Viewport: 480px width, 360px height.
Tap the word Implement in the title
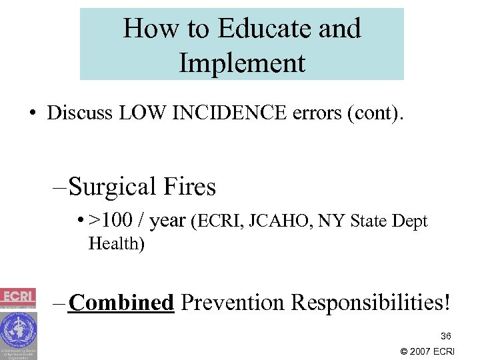point(242,63)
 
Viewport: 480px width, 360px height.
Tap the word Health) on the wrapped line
point(116,243)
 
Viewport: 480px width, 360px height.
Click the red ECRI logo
point(18,297)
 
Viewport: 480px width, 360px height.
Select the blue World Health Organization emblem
point(18,330)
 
